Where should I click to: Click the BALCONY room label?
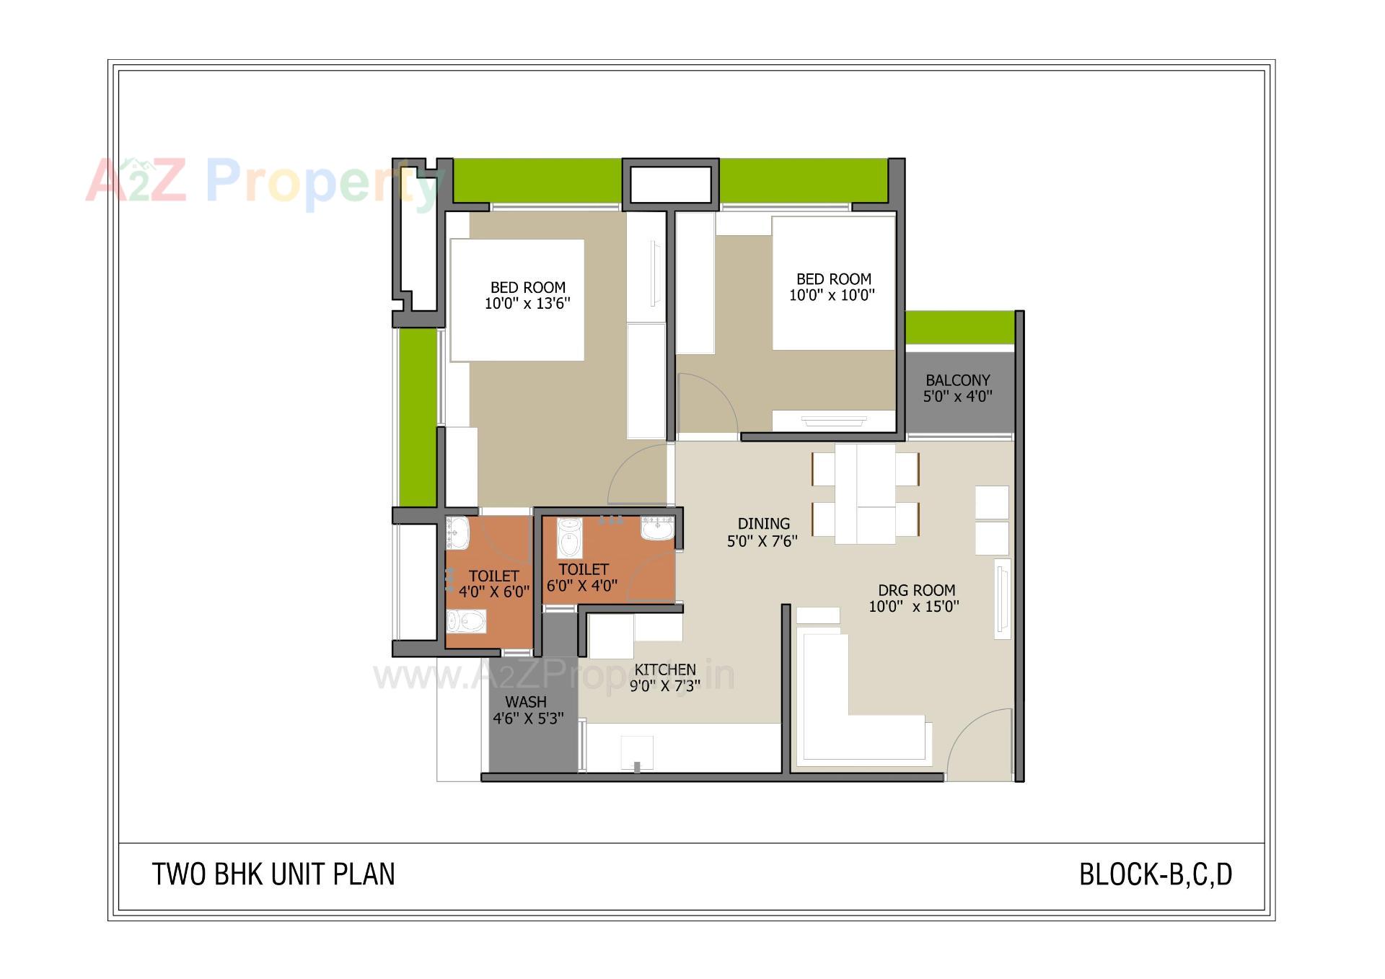(x=958, y=380)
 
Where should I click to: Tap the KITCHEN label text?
(x=665, y=670)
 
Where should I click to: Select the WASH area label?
(x=526, y=702)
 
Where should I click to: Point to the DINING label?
(x=763, y=524)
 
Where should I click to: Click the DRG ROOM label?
(x=916, y=591)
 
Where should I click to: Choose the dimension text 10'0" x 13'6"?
(x=527, y=304)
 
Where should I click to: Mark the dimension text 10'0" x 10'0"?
(x=832, y=295)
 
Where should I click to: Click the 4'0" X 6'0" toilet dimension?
(x=494, y=592)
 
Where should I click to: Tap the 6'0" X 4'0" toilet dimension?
(x=582, y=586)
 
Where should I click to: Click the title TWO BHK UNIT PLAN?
(x=273, y=874)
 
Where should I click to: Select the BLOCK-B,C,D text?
(x=1156, y=874)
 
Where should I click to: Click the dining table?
(x=866, y=494)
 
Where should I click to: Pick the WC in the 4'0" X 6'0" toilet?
(x=466, y=621)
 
